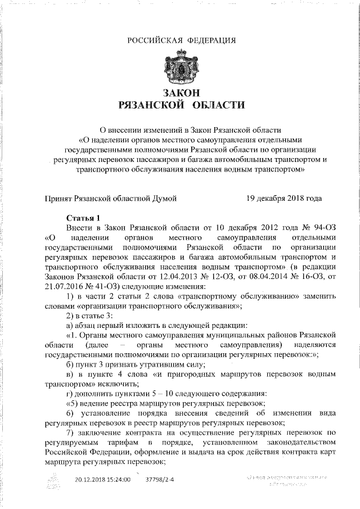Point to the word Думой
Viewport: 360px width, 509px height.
163,198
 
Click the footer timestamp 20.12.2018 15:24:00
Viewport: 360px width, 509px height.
102,480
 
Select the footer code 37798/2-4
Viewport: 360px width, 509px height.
160,480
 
